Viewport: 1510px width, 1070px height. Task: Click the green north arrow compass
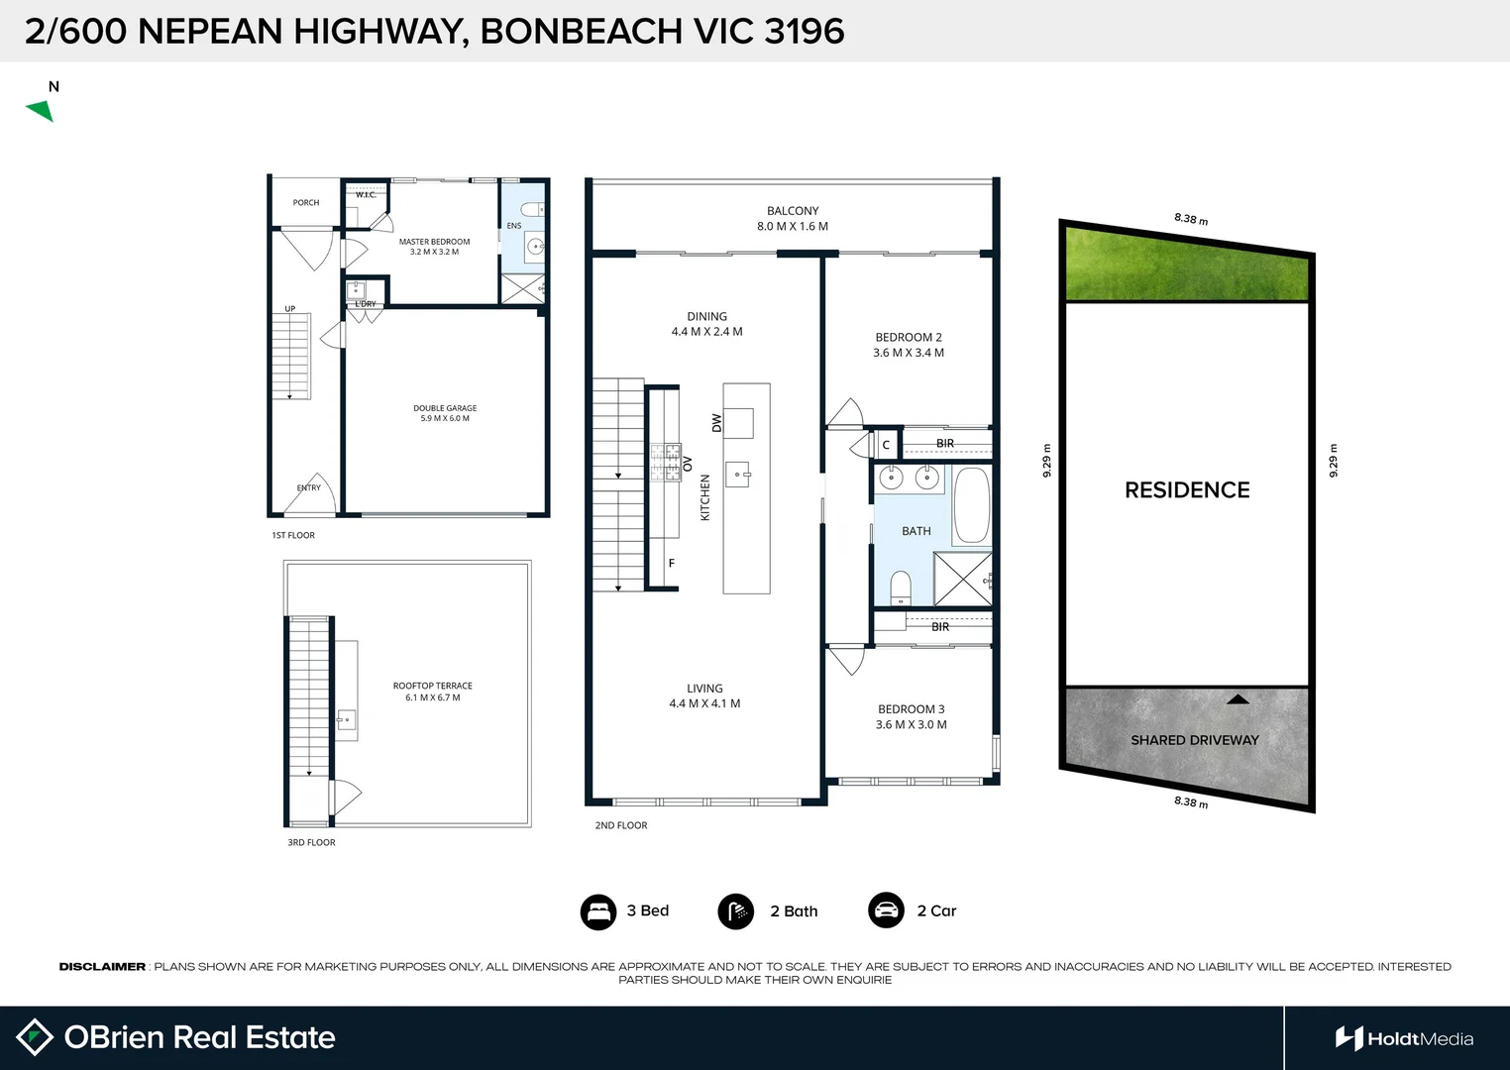click(41, 110)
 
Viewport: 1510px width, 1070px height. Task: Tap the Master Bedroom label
click(434, 247)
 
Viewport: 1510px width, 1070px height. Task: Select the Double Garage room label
click(445, 413)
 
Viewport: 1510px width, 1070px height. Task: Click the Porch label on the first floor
click(306, 203)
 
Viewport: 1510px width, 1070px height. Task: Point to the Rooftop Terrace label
click(432, 692)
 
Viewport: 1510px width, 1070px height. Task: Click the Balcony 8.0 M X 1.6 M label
click(793, 219)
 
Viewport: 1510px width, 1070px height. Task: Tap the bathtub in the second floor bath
click(971, 505)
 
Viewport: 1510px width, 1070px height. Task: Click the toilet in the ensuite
click(532, 210)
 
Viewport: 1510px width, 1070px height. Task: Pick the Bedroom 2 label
click(909, 345)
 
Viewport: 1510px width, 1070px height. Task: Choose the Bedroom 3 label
click(911, 716)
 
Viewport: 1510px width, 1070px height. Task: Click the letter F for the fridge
click(672, 564)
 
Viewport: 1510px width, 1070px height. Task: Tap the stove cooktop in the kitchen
click(665, 463)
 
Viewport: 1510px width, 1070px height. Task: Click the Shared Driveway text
click(1194, 740)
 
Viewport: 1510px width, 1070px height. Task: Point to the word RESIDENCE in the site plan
click(1187, 490)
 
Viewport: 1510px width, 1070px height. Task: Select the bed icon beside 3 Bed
click(598, 911)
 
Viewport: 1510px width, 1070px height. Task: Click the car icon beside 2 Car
click(886, 910)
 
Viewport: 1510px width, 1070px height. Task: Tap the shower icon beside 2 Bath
click(735, 911)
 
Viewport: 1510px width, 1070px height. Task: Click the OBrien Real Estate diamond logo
click(35, 1037)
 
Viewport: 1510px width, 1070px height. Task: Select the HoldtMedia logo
click(1404, 1038)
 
